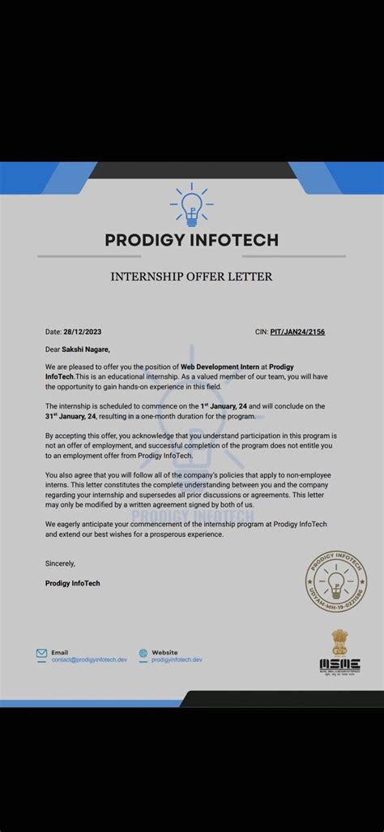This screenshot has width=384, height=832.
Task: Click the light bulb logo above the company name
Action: [192, 204]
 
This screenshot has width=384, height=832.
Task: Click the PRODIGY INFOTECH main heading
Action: [192, 239]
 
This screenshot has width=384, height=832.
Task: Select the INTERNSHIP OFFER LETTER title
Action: [192, 277]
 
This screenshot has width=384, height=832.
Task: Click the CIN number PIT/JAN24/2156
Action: [297, 332]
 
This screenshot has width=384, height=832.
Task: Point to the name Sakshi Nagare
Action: [86, 350]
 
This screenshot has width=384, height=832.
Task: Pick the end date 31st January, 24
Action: [73, 416]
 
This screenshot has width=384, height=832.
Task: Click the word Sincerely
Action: [60, 564]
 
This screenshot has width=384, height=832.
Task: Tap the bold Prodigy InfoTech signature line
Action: [73, 583]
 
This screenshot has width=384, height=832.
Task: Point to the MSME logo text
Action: [339, 664]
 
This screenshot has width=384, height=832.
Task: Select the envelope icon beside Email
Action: [41, 653]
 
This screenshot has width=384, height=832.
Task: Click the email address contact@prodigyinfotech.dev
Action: [89, 659]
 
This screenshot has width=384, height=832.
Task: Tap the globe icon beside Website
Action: [143, 653]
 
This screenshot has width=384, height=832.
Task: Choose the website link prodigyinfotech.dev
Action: [177, 659]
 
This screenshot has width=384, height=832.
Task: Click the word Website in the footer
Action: [164, 652]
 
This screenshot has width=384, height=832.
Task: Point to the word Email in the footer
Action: [60, 652]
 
